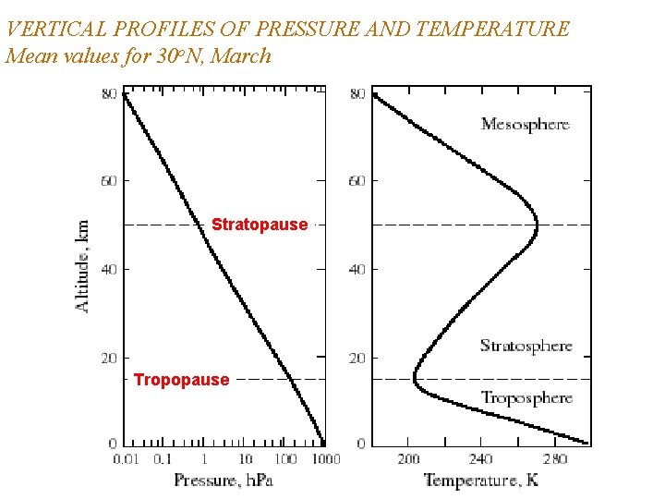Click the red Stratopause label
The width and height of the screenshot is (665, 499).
[260, 225]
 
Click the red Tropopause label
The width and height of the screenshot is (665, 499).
[181, 380]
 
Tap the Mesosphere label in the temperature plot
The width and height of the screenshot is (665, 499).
[525, 125]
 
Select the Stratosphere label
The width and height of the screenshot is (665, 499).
[526, 347]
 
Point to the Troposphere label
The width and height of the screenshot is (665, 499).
[526, 398]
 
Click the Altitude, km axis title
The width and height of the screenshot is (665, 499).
[83, 265]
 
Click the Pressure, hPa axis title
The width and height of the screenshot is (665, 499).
[224, 480]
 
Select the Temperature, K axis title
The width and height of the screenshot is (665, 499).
[480, 480]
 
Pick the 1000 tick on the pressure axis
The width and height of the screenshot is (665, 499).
[324, 459]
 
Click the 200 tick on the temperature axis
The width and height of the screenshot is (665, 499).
[408, 459]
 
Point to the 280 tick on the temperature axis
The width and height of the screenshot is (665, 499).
[555, 459]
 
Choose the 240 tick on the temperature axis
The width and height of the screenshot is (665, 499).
[481, 459]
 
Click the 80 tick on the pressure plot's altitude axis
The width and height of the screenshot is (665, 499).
[109, 93]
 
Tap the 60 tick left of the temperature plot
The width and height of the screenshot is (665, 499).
[357, 181]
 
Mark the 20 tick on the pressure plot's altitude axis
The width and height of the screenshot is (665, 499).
[109, 358]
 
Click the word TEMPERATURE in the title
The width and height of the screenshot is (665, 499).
[492, 29]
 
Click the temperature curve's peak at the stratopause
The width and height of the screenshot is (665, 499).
[538, 224]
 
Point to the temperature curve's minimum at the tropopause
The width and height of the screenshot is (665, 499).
[414, 378]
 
